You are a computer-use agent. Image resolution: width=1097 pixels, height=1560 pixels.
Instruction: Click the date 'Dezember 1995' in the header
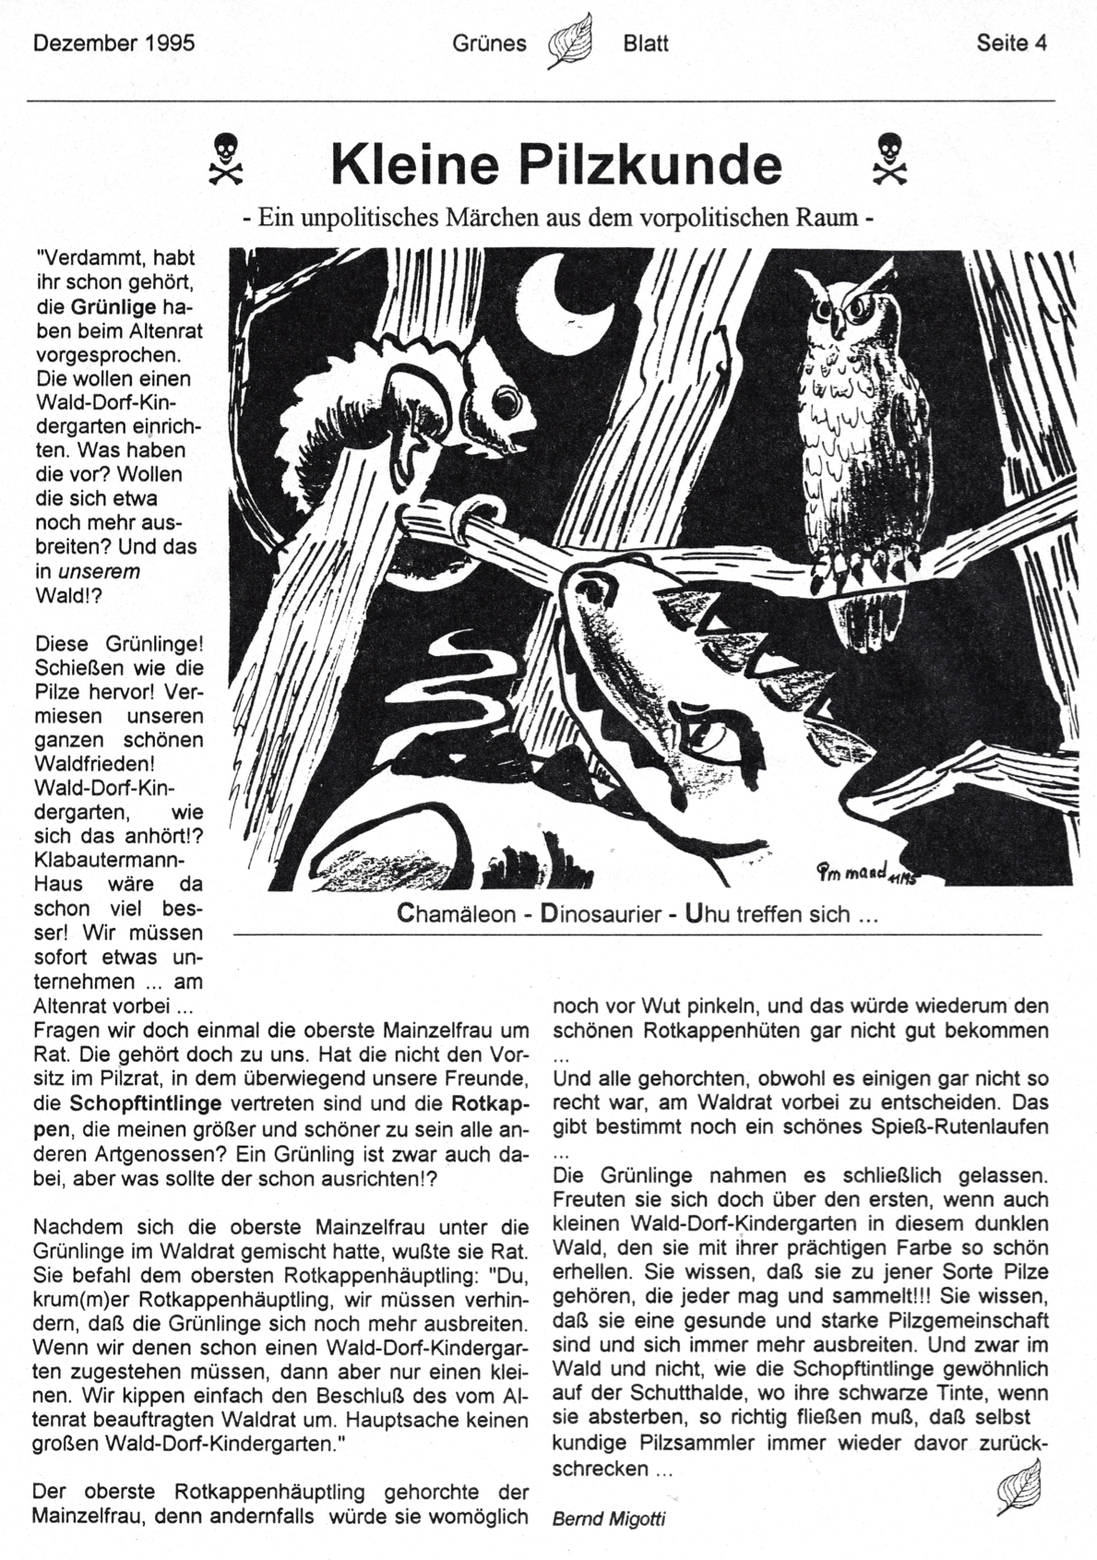tap(113, 43)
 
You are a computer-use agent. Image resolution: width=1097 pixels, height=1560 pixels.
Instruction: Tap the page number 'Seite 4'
tap(1012, 43)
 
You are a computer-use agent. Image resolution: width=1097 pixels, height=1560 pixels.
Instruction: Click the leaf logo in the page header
tap(569, 42)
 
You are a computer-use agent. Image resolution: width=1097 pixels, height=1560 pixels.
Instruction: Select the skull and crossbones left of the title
tap(226, 158)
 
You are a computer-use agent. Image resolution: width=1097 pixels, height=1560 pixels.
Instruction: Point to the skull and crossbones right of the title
tap(888, 158)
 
